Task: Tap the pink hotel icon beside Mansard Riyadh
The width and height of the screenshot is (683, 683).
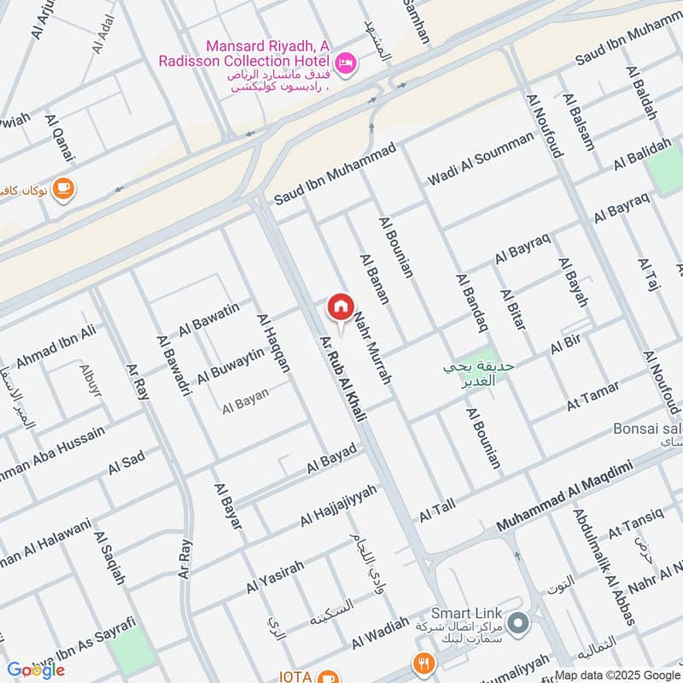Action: (x=346, y=61)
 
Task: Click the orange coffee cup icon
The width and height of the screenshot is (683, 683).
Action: (x=63, y=188)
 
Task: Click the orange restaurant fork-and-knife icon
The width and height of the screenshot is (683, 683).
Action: (x=422, y=662)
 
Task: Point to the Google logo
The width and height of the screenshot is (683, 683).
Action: (x=36, y=669)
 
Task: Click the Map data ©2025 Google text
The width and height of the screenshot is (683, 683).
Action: (x=618, y=674)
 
